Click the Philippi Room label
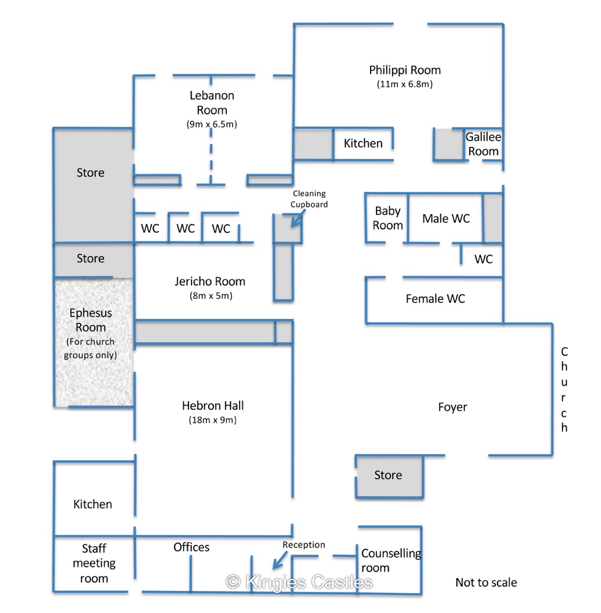(x=405, y=70)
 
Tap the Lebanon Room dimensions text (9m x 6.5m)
(x=212, y=124)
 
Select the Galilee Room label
(x=483, y=144)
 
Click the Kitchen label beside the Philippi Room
(x=363, y=144)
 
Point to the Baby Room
(x=387, y=218)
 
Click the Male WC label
(x=446, y=219)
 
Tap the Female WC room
(x=435, y=299)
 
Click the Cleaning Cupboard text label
(x=310, y=198)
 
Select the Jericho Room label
(x=209, y=281)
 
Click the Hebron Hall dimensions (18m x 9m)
(x=212, y=420)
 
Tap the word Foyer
(x=452, y=407)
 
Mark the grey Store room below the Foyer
(x=388, y=476)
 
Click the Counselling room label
(x=390, y=560)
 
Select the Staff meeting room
(x=94, y=563)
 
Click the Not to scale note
(x=486, y=582)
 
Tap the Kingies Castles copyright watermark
(x=299, y=582)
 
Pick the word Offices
(x=191, y=547)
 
